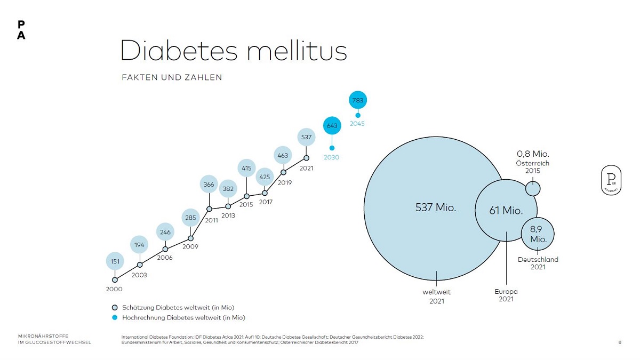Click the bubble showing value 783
click(x=358, y=100)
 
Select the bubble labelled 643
click(x=332, y=126)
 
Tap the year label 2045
click(x=357, y=124)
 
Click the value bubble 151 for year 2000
click(x=115, y=261)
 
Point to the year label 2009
click(x=190, y=247)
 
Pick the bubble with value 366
click(x=209, y=185)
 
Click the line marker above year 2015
click(x=246, y=196)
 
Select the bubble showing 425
click(x=265, y=176)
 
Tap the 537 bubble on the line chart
click(x=306, y=137)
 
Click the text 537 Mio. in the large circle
click(x=436, y=208)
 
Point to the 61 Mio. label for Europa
click(x=506, y=211)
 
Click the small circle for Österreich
click(x=533, y=188)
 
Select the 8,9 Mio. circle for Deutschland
click(x=538, y=234)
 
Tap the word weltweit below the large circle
click(x=437, y=292)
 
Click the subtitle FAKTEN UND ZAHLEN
click(x=172, y=77)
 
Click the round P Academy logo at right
click(x=611, y=180)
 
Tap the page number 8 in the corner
click(x=620, y=342)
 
